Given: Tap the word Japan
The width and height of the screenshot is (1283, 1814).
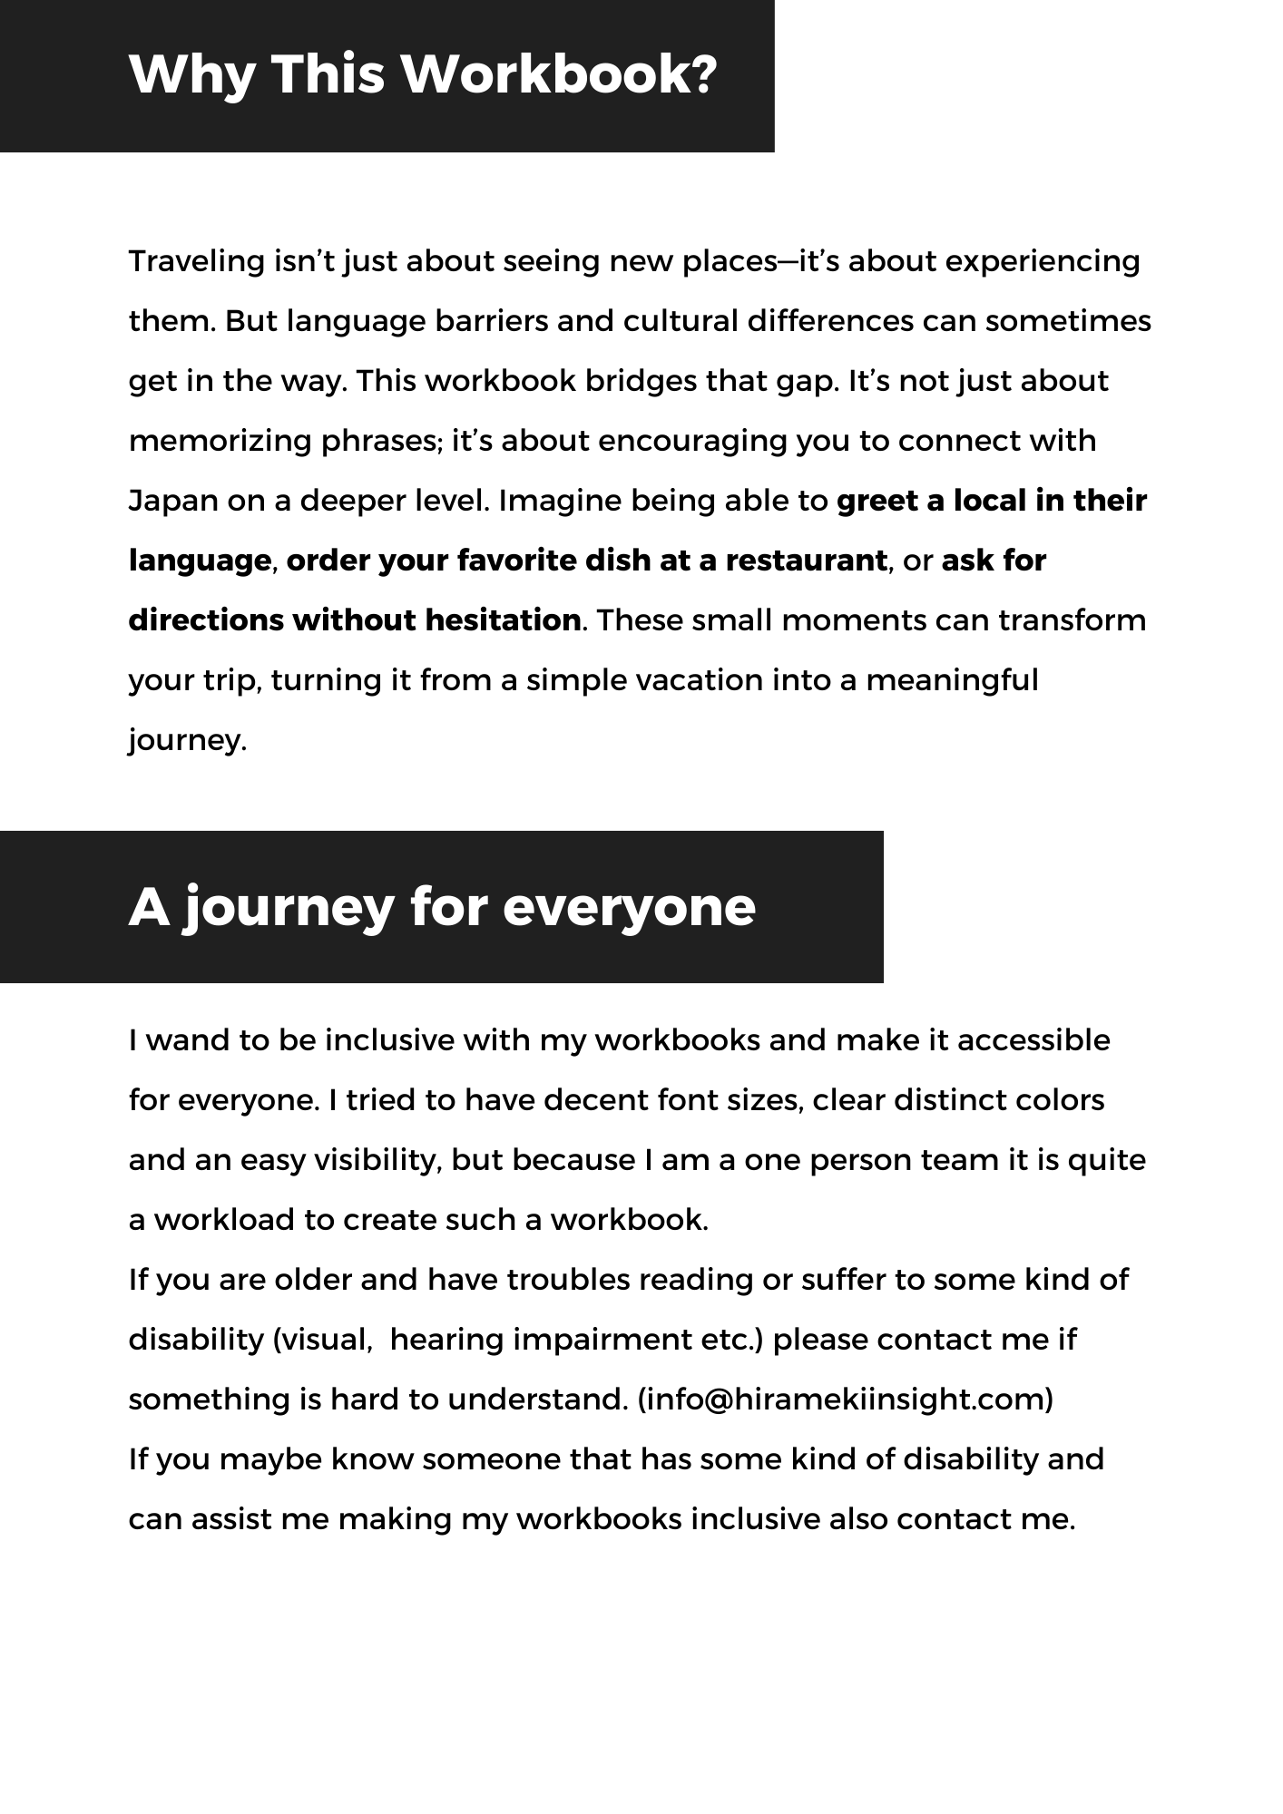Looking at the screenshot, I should click(173, 502).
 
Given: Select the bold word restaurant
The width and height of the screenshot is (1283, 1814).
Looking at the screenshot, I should click(806, 561).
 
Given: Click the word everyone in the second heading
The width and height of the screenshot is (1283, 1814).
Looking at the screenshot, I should click(628, 907).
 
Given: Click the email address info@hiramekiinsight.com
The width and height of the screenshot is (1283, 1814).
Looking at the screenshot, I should click(846, 1400).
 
